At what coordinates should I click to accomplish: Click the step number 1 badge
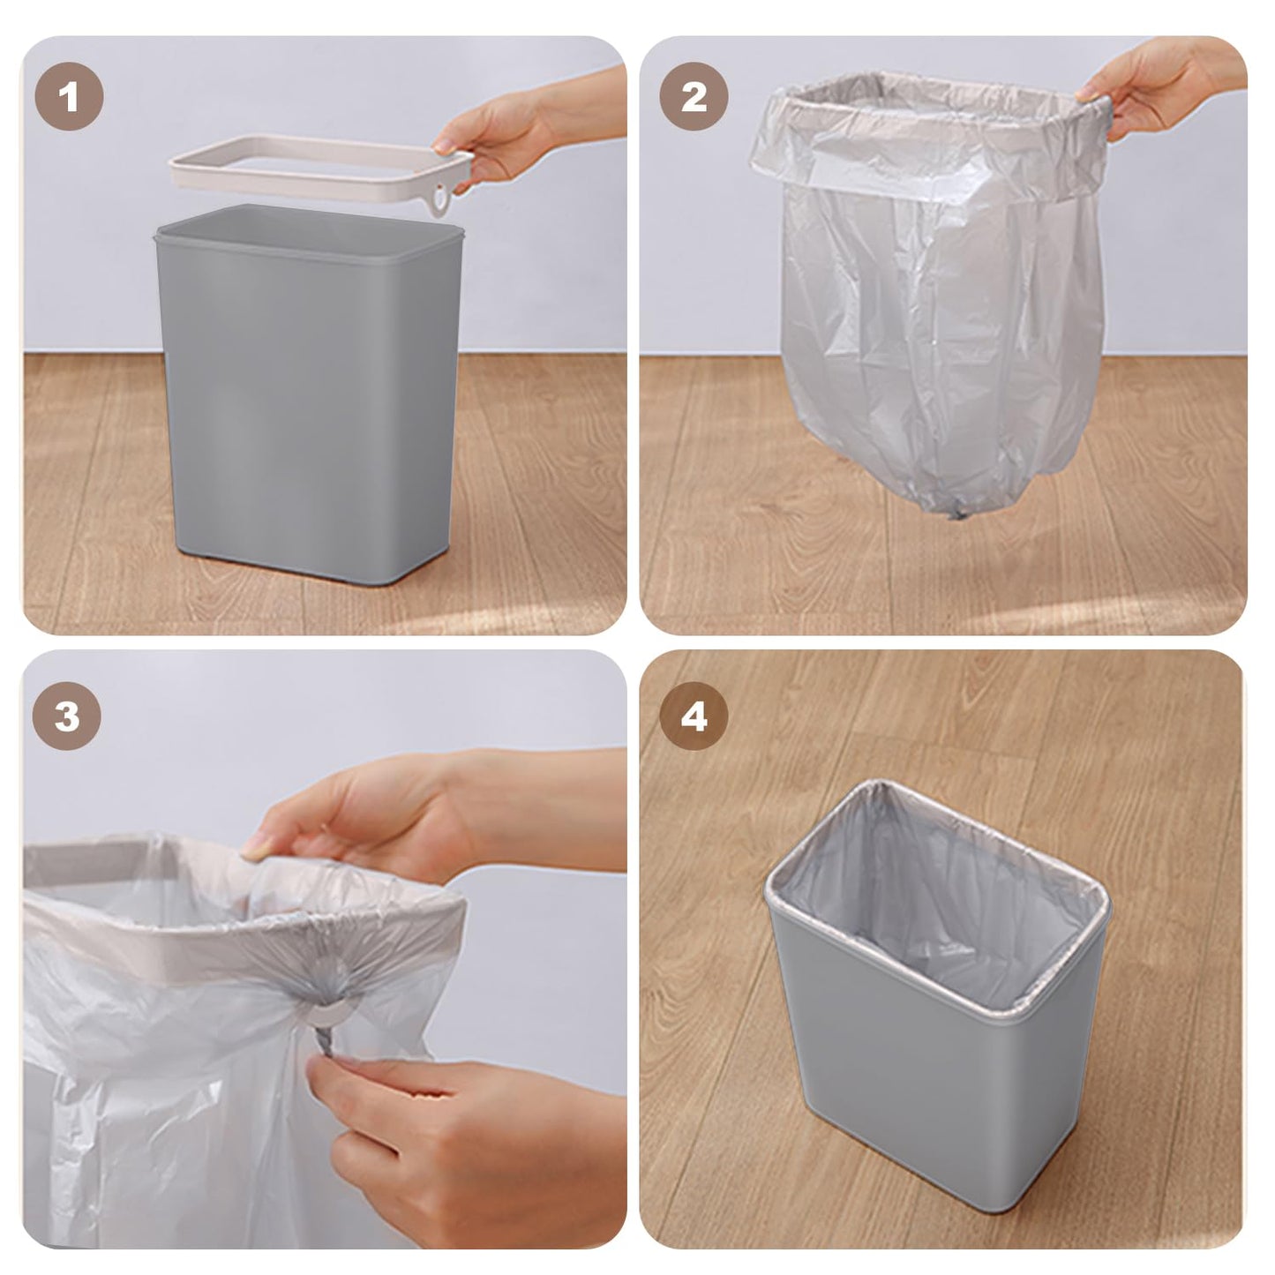(x=69, y=97)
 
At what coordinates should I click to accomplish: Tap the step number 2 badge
(x=694, y=97)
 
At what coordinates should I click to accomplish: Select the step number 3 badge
(x=67, y=716)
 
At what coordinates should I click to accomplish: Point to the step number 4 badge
(x=694, y=716)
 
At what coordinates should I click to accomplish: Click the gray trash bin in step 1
(x=309, y=397)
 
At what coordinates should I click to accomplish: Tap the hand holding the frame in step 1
(x=512, y=132)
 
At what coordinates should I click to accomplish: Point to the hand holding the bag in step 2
(x=1156, y=88)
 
